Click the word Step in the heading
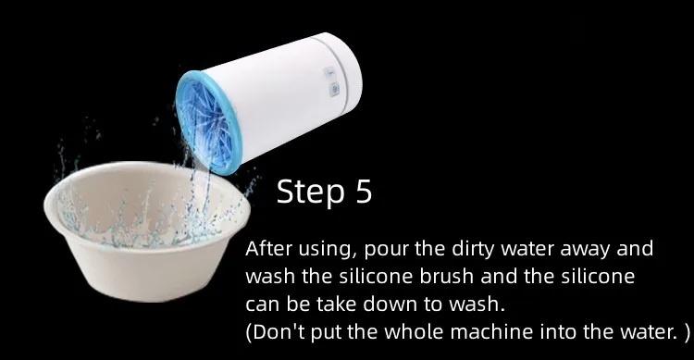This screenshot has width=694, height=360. pos(310,192)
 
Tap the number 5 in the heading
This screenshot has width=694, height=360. pos(364,192)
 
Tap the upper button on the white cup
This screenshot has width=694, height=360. pos(329,73)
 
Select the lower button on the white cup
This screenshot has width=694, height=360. pos(334,90)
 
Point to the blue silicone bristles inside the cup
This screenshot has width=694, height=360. pos(204,124)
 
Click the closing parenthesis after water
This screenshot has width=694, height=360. pos(687,332)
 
